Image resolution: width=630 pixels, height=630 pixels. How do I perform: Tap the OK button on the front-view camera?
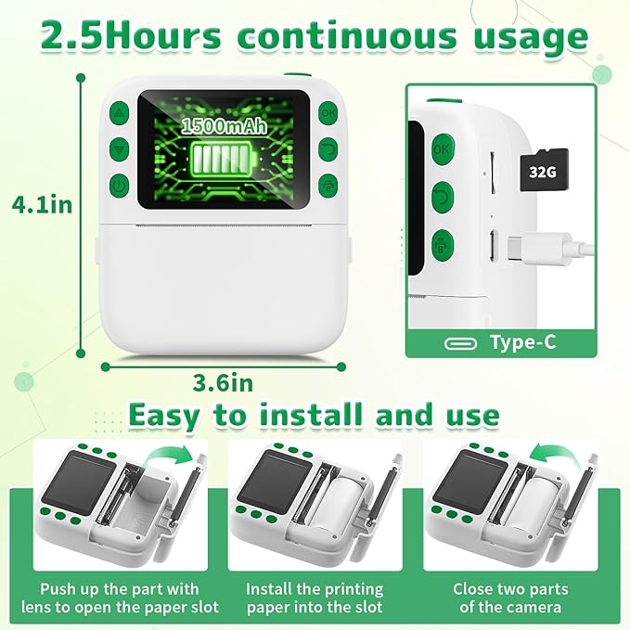pos(328,113)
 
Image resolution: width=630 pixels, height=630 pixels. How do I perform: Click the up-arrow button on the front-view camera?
pos(118,114)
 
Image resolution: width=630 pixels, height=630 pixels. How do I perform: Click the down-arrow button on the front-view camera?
pos(118,148)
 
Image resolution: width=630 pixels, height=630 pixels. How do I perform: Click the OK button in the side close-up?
pos(442,148)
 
